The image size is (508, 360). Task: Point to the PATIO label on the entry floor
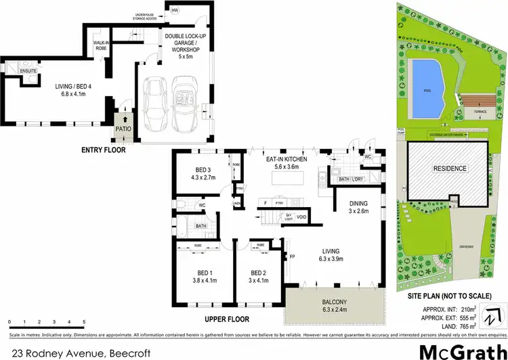123,127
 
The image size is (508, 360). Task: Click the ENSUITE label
9,70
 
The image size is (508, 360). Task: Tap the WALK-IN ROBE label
102,45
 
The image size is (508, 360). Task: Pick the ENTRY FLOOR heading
103,150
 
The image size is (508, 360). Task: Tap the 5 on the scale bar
84,321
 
